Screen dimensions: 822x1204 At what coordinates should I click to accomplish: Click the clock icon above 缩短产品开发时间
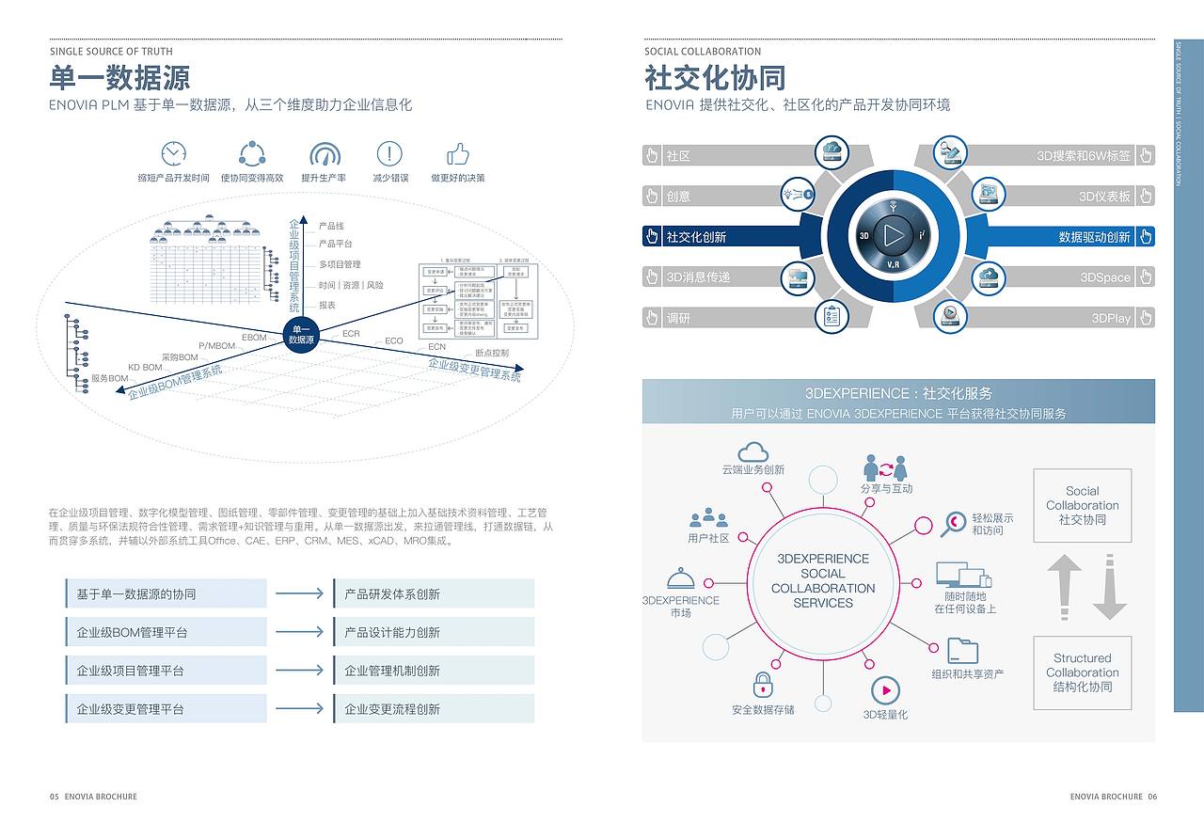[173, 153]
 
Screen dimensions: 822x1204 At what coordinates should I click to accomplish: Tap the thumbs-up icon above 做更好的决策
[458, 153]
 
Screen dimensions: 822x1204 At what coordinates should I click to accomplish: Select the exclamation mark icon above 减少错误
[389, 153]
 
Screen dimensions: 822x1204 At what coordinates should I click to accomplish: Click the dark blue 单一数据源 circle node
[301, 334]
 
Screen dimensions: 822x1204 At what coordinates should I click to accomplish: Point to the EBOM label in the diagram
[254, 337]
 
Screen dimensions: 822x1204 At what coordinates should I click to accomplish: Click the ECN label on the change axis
[436, 347]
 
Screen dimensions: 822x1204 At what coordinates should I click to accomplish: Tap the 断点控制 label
[492, 353]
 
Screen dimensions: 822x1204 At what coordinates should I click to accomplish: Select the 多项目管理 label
[339, 264]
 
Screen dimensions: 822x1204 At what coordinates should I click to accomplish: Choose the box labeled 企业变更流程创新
[434, 709]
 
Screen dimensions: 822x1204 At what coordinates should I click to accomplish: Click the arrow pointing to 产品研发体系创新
[299, 593]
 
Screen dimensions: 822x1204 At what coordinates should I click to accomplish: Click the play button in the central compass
[893, 235]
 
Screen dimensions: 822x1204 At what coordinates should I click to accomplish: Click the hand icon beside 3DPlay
[1145, 318]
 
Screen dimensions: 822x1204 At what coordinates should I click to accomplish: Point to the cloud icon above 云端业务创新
[753, 451]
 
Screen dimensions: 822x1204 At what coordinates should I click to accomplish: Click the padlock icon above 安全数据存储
[763, 685]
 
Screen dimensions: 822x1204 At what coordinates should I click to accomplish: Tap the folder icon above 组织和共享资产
[962, 651]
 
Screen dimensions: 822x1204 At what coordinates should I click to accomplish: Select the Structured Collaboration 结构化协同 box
[1082, 672]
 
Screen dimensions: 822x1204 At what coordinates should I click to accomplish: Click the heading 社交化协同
[715, 77]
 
